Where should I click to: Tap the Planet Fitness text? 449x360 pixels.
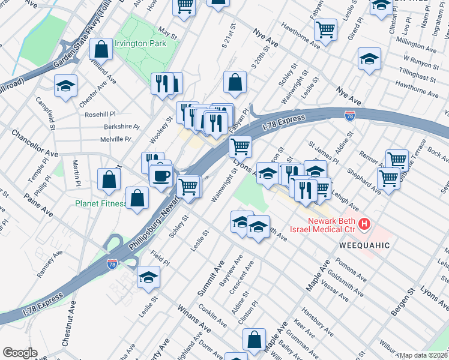pyautogui.click(x=101, y=203)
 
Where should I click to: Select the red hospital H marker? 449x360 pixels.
pyautogui.click(x=363, y=225)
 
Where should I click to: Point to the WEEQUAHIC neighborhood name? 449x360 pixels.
pyautogui.click(x=365, y=245)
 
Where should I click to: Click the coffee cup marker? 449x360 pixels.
pyautogui.click(x=161, y=176)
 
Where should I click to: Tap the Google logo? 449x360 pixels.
pyautogui.click(x=20, y=353)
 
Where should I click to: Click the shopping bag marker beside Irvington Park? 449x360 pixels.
pyautogui.click(x=101, y=49)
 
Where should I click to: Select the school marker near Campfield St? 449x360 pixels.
pyautogui.click(x=65, y=86)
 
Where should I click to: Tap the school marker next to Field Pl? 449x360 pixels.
pyautogui.click(x=148, y=278)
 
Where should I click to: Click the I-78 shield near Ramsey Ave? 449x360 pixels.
pyautogui.click(x=112, y=263)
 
